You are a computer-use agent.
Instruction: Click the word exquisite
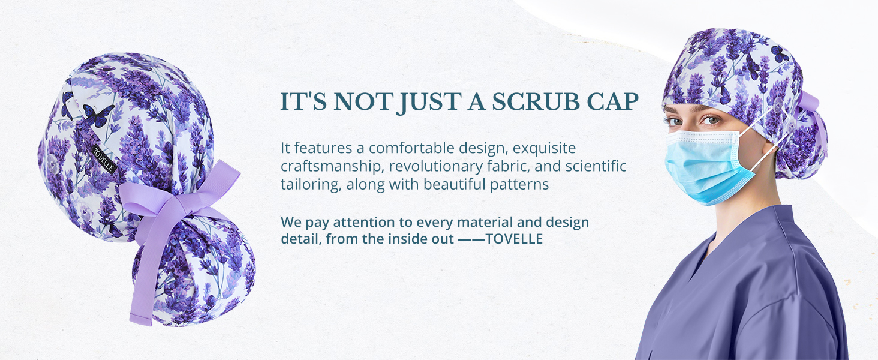coord(544,148)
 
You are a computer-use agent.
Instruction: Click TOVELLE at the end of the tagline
coord(514,239)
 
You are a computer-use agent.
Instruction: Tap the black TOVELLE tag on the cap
coord(104,159)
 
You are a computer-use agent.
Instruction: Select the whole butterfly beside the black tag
coord(98,115)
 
